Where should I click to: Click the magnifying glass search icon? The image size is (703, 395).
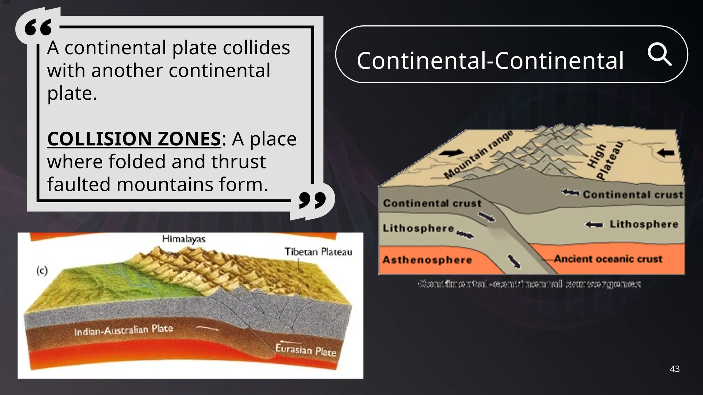(659, 55)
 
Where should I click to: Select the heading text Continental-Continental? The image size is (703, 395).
(490, 60)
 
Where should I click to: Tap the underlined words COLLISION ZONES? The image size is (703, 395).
(134, 139)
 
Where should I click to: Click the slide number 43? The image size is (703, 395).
(675, 369)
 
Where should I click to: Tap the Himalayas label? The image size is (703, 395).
(184, 239)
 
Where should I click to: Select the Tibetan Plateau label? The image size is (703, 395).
(318, 252)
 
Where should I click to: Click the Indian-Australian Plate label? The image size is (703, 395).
(124, 330)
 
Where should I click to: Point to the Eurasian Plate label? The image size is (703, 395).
(306, 350)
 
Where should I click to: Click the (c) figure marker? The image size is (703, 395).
(42, 271)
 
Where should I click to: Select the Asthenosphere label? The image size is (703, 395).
(427, 260)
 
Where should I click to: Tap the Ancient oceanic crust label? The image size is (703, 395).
(608, 259)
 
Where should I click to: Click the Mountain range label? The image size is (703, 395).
(479, 154)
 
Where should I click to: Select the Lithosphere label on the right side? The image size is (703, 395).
(644, 224)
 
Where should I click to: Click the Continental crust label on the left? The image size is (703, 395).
(432, 203)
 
